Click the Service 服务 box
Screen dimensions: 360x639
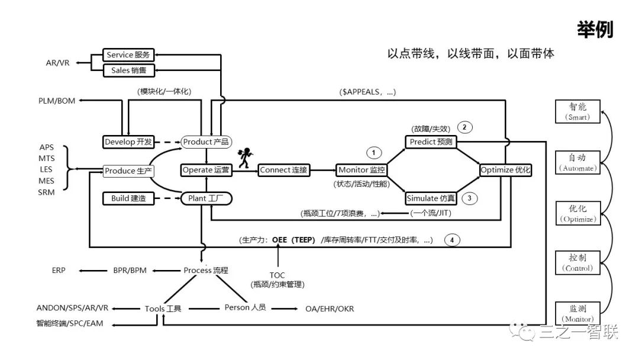[128, 55]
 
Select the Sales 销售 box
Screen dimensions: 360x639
[128, 70]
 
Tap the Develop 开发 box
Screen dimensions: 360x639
[128, 142]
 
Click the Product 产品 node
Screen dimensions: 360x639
[205, 142]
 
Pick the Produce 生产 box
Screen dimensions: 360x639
[128, 171]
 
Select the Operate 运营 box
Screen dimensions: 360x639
[206, 170]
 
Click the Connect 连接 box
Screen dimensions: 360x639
[284, 170]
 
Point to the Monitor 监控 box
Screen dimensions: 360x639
[362, 170]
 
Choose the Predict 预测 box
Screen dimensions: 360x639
[431, 142]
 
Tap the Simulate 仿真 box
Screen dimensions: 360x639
[431, 198]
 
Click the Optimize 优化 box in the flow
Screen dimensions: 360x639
[506, 170]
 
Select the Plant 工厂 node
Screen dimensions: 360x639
[206, 198]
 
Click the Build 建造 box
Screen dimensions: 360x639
[128, 198]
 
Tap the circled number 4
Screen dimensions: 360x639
[452, 240]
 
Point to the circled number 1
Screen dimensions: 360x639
[374, 153]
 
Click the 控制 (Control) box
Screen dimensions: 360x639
[577, 263]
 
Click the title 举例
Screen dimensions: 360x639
[595, 30]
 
